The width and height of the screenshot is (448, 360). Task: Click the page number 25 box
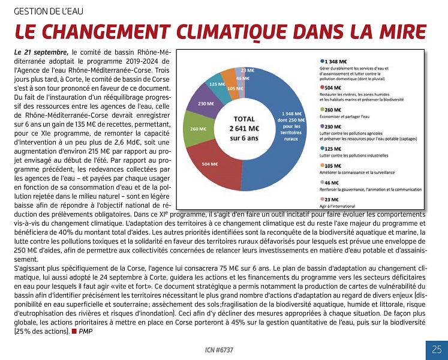coord(436,349)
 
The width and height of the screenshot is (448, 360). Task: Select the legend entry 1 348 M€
coord(336,61)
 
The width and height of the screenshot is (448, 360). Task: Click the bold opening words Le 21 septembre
coord(41,52)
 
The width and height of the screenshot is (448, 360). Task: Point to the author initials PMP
coord(86,331)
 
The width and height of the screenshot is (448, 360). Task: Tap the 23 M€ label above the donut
coord(246,70)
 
